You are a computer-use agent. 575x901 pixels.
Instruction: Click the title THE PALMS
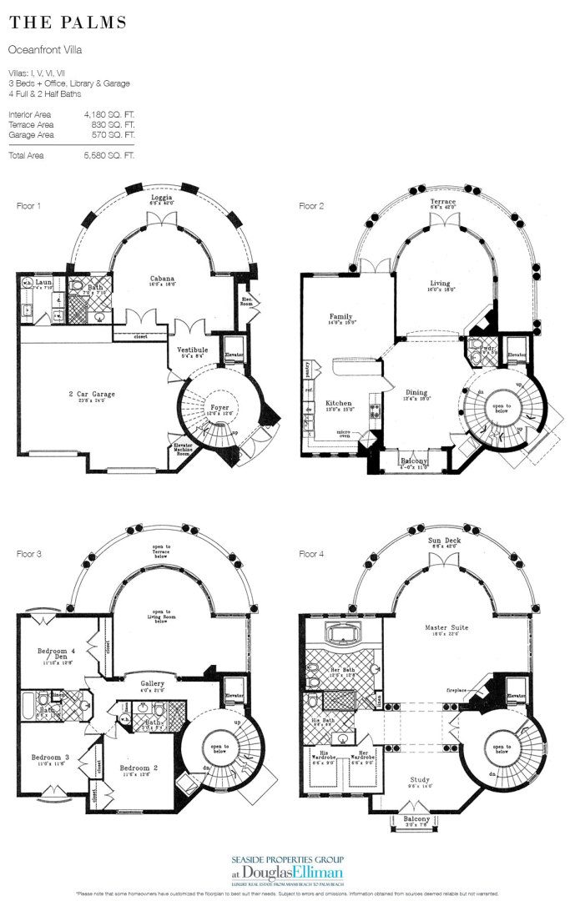click(x=68, y=23)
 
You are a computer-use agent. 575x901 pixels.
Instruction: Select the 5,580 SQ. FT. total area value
click(x=109, y=155)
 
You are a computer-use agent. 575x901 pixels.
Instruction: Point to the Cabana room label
click(x=161, y=279)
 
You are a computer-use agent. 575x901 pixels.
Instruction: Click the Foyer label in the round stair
click(x=218, y=408)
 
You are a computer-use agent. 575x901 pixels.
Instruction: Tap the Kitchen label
click(x=338, y=402)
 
